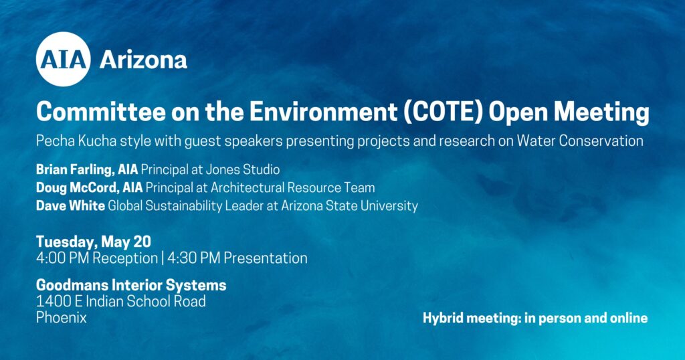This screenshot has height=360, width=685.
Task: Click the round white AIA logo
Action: [x=64, y=59]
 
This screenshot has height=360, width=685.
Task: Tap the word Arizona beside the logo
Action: [x=143, y=60]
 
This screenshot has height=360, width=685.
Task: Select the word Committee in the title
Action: [x=102, y=112]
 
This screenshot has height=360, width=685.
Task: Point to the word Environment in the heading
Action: [x=324, y=112]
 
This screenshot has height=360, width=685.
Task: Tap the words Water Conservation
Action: [x=580, y=141]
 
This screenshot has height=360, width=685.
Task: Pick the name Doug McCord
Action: [x=78, y=187]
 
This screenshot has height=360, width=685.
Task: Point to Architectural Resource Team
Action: [x=293, y=187]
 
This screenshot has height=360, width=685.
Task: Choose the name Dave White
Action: [x=70, y=205]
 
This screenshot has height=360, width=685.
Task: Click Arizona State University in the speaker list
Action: [x=349, y=205]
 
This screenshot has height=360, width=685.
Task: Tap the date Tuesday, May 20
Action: [x=94, y=242]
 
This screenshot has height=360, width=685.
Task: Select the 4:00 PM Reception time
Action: [x=97, y=258]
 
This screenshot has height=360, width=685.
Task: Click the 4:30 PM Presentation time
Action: [x=237, y=258]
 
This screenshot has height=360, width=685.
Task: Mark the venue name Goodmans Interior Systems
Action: [x=131, y=285]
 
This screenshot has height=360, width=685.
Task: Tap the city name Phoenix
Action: [x=61, y=317]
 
